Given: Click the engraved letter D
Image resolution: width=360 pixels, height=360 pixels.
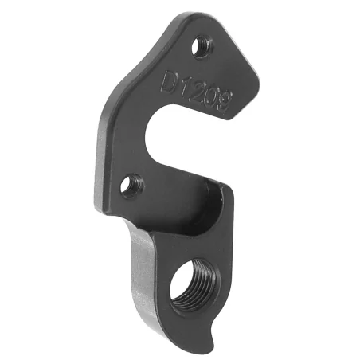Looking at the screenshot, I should (169, 83).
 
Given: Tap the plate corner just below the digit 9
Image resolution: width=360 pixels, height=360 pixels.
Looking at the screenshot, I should (237, 115).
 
